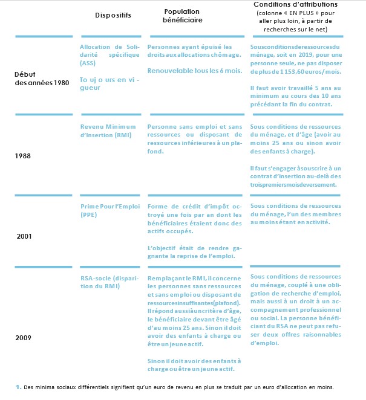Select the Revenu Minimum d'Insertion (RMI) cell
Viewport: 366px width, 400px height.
tap(108, 131)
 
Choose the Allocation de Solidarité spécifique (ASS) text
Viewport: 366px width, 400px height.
tap(108, 55)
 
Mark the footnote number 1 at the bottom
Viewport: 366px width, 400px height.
tap(18, 386)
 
